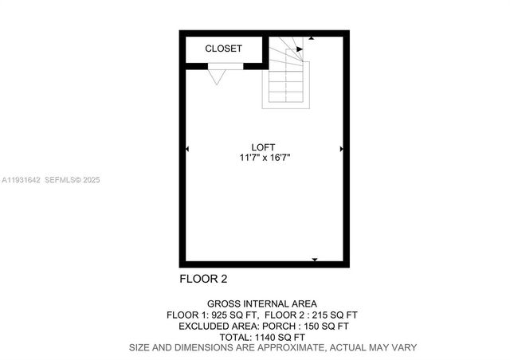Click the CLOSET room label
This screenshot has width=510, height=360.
point(223,49)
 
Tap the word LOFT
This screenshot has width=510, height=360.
point(263,147)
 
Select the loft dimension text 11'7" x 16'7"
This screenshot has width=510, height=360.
point(263,158)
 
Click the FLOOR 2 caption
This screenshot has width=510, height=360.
point(204,279)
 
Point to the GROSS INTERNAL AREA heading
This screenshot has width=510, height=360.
point(262,303)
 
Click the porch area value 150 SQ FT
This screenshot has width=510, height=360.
point(333,326)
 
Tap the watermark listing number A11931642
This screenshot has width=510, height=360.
point(22,180)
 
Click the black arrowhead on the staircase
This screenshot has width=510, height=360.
point(300,49)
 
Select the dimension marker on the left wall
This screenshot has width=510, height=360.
point(187,149)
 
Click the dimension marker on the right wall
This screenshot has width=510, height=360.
point(341,149)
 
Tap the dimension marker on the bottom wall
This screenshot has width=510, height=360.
point(315,260)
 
